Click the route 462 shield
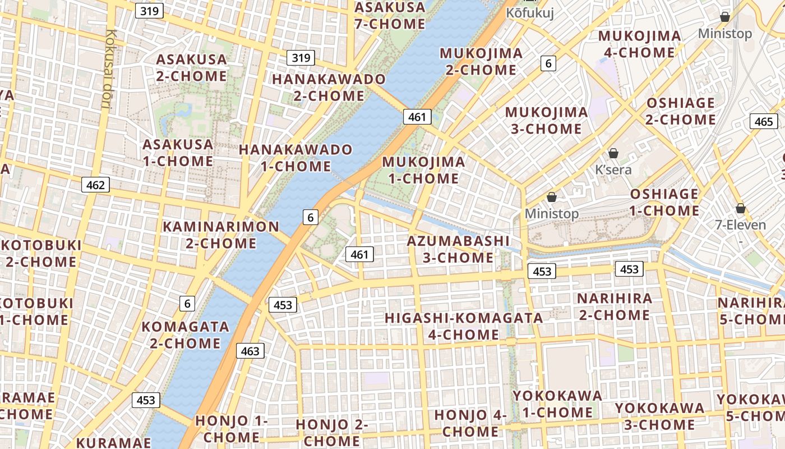[x=95, y=185]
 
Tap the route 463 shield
[x=250, y=351]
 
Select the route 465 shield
[x=764, y=121]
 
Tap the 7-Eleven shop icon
[x=740, y=209]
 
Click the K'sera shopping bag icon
[x=613, y=153]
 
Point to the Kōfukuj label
[x=530, y=13]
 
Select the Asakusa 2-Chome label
[x=191, y=67]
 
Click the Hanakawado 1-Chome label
[x=295, y=158]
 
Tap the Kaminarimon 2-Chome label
[x=221, y=235]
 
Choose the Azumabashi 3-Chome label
[x=458, y=249]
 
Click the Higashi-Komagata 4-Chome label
[x=464, y=326]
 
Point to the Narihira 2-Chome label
[x=615, y=306]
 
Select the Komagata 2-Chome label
[x=185, y=335]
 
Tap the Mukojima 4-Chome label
[x=639, y=44]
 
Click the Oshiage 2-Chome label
[x=681, y=111]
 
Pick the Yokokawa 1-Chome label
[x=557, y=404]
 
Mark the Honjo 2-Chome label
[x=332, y=432]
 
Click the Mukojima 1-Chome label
[x=423, y=170]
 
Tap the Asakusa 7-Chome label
[x=390, y=15]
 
